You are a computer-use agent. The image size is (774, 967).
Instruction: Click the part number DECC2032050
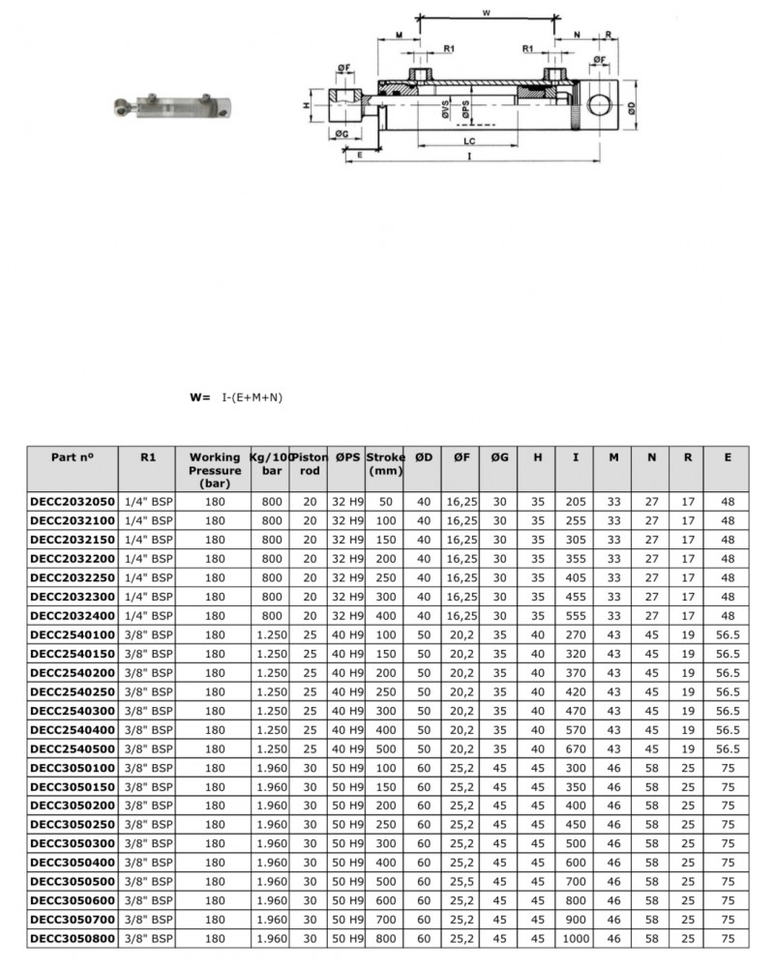click(73, 502)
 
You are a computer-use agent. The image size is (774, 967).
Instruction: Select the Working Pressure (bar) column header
click(215, 469)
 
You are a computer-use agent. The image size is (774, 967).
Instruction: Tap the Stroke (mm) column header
click(385, 463)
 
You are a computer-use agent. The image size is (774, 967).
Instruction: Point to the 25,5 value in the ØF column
click(461, 881)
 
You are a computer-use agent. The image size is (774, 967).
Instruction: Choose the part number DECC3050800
click(73, 938)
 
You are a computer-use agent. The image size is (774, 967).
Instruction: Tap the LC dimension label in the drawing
click(467, 141)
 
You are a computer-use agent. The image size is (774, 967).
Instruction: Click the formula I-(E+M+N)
click(252, 396)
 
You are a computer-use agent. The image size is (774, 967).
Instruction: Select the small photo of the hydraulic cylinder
click(171, 105)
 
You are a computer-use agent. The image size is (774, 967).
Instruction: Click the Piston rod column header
click(310, 463)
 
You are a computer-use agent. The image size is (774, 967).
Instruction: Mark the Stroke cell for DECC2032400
click(385, 616)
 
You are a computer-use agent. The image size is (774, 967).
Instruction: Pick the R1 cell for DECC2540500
click(148, 748)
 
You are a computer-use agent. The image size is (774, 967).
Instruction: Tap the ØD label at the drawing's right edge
click(631, 109)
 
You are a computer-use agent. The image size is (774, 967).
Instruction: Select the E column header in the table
click(727, 456)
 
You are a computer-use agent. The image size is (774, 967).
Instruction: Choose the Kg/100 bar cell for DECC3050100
click(271, 767)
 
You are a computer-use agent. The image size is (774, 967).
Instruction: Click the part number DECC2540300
click(73, 711)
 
